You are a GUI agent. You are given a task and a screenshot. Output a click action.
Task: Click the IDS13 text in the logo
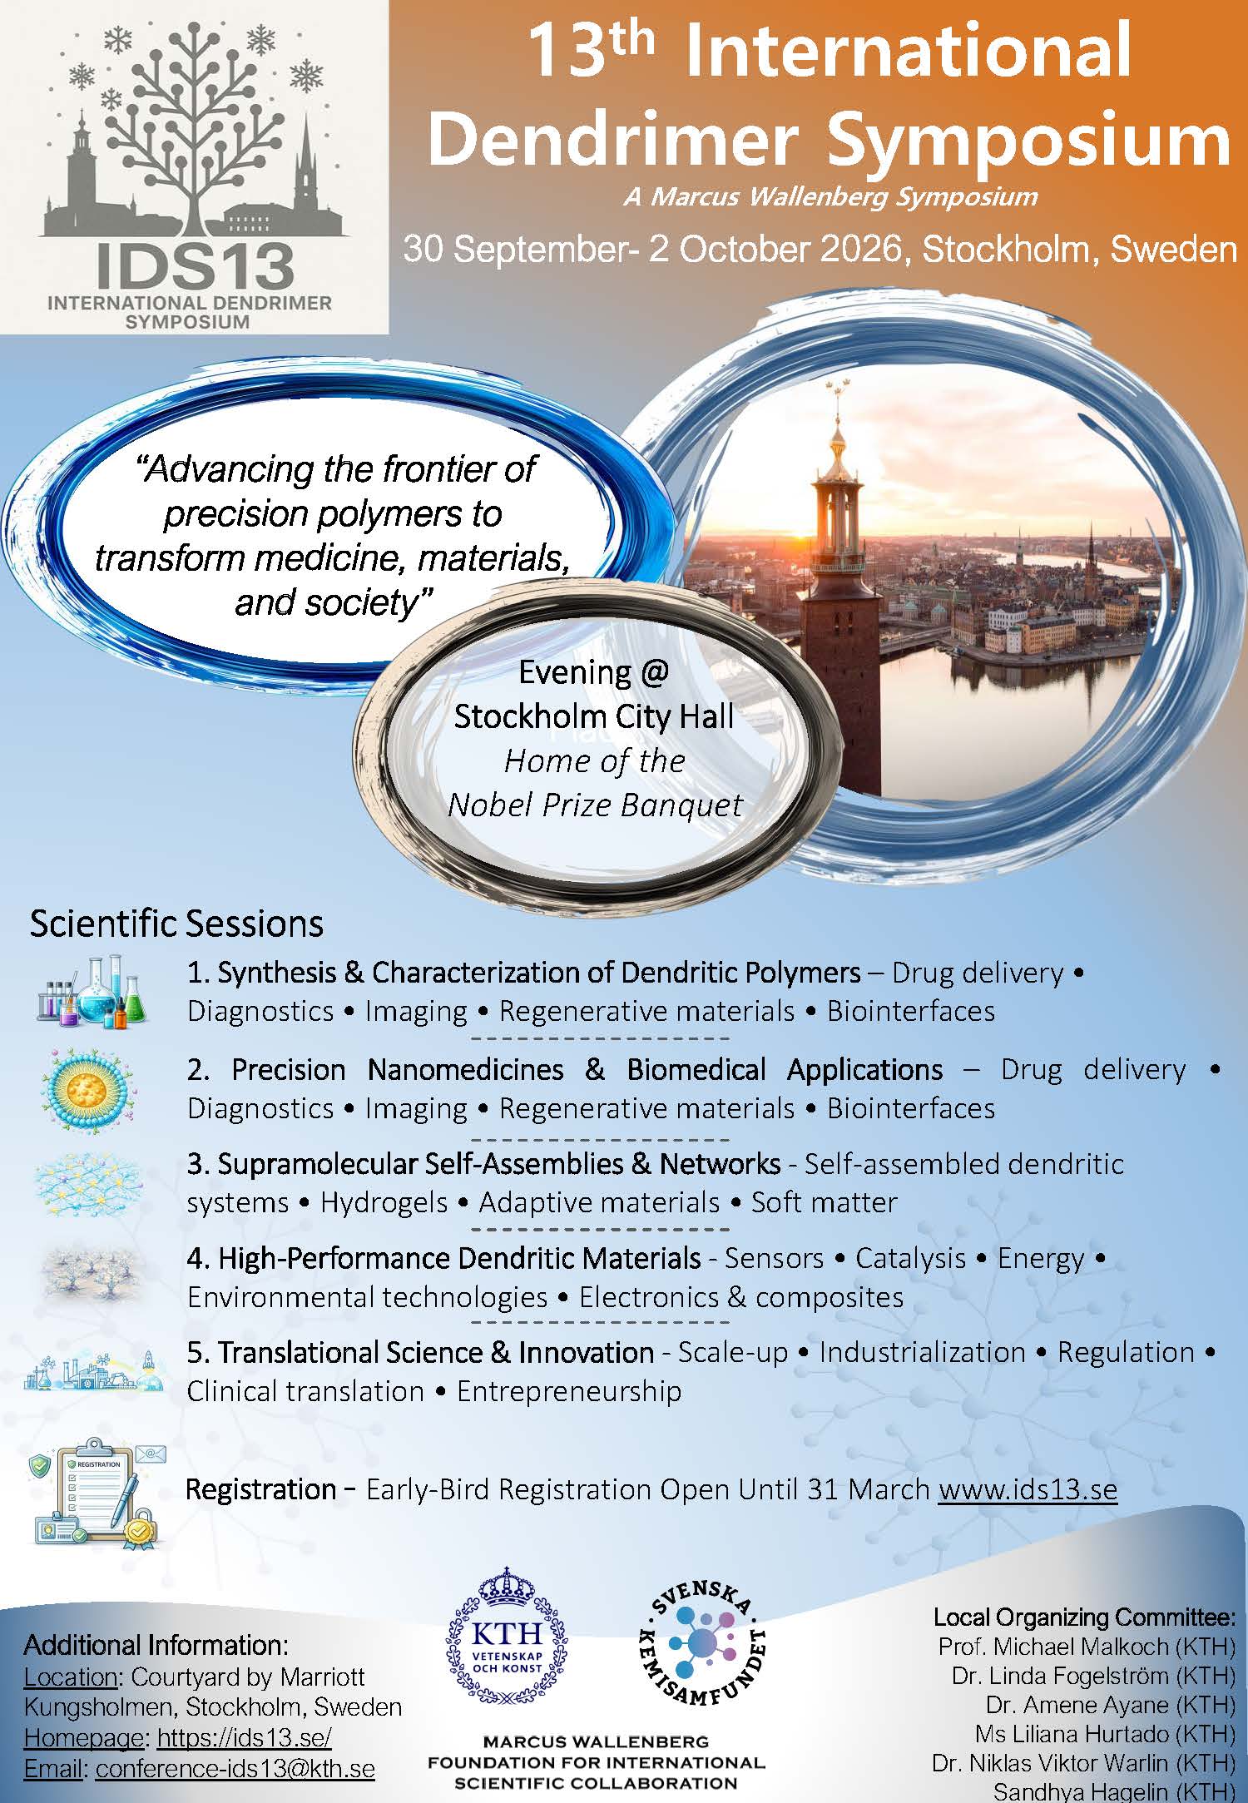tap(196, 264)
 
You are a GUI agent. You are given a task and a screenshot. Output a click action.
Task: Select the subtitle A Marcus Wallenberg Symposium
tap(830, 196)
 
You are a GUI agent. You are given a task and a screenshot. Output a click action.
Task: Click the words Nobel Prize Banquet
tap(595, 805)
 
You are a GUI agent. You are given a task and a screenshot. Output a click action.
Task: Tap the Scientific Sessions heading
tap(176, 924)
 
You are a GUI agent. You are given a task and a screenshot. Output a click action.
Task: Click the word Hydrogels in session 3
tap(384, 1202)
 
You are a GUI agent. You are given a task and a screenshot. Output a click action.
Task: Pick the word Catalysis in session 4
tap(910, 1258)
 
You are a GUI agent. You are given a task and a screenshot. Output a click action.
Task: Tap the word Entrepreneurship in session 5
tap(569, 1391)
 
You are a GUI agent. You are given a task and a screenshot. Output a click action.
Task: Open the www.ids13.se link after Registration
tap(1027, 1488)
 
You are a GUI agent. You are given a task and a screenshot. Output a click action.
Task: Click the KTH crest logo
tap(506, 1638)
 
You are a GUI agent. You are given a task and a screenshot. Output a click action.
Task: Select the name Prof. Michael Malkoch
tap(1053, 1646)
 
